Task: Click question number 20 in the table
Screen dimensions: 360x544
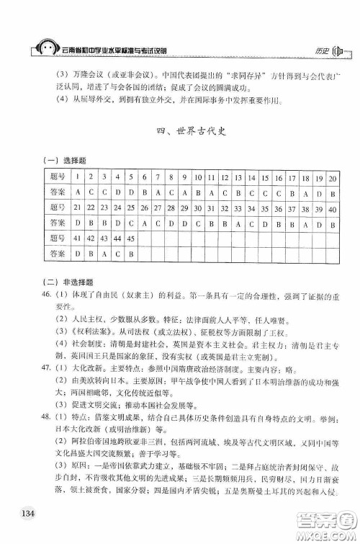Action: (333, 177)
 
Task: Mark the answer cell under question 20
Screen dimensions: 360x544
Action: (333, 192)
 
